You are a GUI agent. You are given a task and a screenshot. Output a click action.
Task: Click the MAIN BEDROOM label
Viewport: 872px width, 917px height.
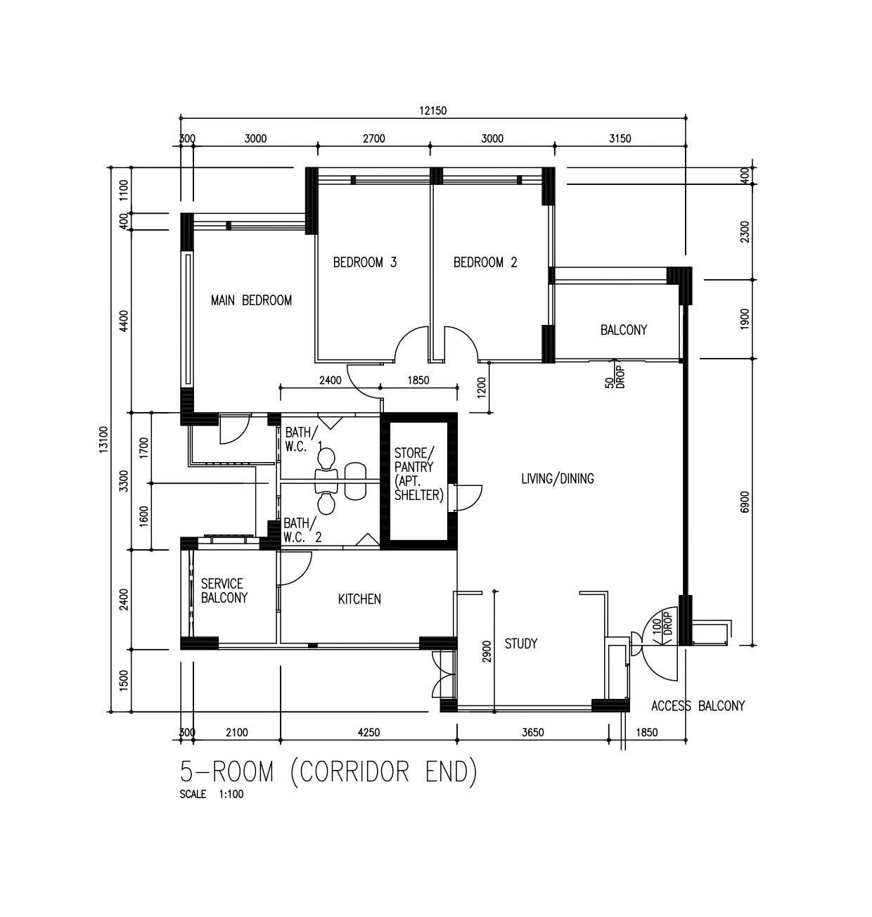click(251, 300)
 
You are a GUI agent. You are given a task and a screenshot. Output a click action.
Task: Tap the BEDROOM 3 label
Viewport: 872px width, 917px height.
click(365, 262)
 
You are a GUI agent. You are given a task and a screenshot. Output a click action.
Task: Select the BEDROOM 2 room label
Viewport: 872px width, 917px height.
click(485, 262)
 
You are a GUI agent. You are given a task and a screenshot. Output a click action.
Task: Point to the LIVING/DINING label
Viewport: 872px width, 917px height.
click(558, 479)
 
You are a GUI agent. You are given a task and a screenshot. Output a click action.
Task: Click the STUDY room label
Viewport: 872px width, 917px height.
click(520, 643)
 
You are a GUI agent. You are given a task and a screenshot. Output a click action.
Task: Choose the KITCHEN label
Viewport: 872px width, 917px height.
click(359, 599)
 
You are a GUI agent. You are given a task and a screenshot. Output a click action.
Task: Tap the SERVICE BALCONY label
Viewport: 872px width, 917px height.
click(224, 591)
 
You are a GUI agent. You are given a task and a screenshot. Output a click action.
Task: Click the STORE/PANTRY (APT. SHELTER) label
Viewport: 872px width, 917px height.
click(418, 474)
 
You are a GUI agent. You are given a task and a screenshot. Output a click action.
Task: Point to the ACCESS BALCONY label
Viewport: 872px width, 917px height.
click(698, 706)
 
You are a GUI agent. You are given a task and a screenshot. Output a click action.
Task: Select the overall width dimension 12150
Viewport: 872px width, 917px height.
click(433, 110)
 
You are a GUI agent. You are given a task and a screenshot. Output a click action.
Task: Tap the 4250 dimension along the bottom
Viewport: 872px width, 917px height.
click(368, 732)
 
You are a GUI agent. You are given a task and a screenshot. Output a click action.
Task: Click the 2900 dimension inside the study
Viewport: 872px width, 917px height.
click(487, 652)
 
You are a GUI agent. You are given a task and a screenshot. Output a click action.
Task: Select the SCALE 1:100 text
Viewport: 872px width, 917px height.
click(212, 794)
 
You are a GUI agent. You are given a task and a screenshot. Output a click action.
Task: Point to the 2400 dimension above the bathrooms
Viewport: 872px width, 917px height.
click(331, 380)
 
